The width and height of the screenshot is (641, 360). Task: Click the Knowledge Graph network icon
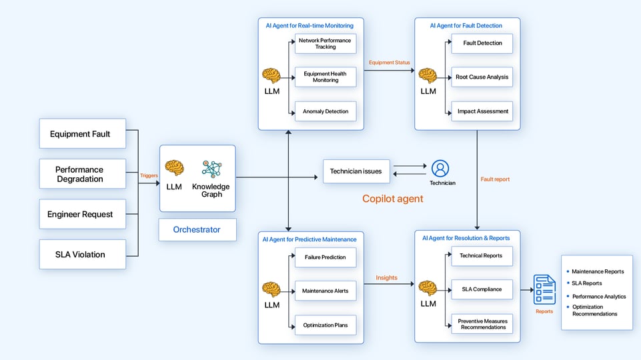point(211,169)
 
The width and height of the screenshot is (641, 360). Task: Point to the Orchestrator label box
point(197,229)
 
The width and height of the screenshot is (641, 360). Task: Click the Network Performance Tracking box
point(326,44)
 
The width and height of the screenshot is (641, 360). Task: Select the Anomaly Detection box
point(326,111)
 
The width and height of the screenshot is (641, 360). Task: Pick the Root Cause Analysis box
point(482,77)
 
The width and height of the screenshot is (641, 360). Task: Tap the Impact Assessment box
point(482,111)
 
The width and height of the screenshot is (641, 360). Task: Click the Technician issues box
point(356,171)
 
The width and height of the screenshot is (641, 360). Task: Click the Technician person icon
point(440,169)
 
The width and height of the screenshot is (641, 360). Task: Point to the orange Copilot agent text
point(393,199)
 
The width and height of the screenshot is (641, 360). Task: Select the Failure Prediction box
point(326,257)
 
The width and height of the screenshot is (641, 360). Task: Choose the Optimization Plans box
point(326,325)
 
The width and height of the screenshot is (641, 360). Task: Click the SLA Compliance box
point(482,289)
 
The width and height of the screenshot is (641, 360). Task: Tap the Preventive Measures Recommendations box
point(482,324)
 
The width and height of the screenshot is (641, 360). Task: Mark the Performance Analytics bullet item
point(598,296)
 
